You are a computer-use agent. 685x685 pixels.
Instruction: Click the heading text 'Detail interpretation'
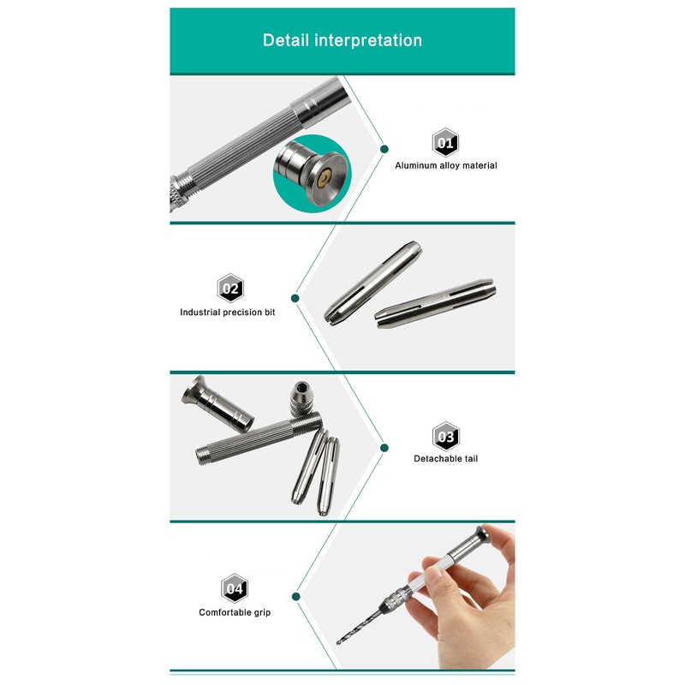[342, 40]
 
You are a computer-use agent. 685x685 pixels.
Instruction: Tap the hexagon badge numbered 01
[445, 142]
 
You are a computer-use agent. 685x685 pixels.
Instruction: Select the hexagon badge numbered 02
[230, 289]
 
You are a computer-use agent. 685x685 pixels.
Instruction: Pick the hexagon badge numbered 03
[445, 437]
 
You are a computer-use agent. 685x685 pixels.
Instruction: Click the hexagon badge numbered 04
[235, 588]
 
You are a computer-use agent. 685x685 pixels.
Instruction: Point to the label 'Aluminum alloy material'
[446, 165]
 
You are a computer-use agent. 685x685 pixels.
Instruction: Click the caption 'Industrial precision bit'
[228, 313]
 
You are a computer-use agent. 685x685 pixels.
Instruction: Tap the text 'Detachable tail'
[445, 459]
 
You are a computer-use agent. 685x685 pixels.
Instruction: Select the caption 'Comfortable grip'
[235, 612]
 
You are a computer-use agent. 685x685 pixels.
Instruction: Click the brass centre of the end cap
[325, 178]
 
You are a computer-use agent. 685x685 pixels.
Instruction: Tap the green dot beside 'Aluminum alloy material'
[384, 149]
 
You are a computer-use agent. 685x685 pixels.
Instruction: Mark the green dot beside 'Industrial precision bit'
[295, 298]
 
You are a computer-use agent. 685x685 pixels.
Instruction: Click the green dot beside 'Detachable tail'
[384, 448]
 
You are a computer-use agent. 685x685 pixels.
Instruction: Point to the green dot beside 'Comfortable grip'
[295, 597]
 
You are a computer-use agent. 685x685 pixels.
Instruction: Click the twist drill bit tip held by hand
[337, 641]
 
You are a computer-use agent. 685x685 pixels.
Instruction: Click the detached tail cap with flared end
[217, 403]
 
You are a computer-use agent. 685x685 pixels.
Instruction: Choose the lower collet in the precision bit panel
[435, 303]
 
